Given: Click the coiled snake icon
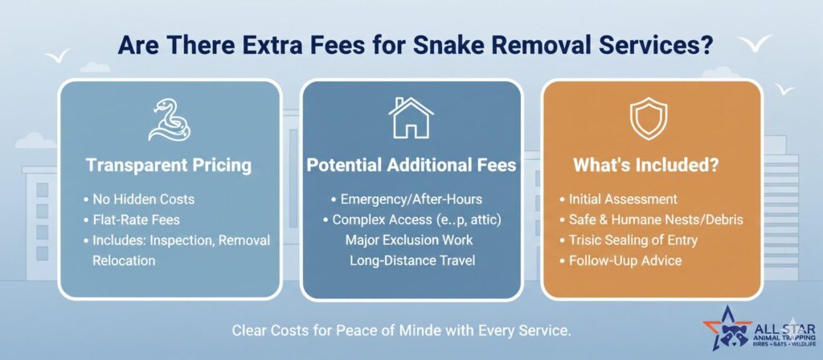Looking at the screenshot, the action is point(169,121).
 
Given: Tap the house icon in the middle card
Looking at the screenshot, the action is point(411,118).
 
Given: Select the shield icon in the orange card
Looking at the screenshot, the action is point(649,119).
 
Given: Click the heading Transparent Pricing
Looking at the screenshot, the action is point(169,166).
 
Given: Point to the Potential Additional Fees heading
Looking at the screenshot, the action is point(411,166).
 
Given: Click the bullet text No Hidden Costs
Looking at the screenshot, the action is point(143,199).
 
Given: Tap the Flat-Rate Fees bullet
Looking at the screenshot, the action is point(137,219).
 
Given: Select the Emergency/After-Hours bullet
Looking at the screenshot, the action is point(411,199).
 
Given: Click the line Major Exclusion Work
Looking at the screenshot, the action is point(409,239).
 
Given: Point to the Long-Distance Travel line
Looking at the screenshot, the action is point(412,260).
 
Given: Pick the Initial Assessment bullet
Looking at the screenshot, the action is point(623,199).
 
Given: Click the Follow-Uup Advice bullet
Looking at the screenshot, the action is point(625,260).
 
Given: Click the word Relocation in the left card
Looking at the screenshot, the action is point(124,260).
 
